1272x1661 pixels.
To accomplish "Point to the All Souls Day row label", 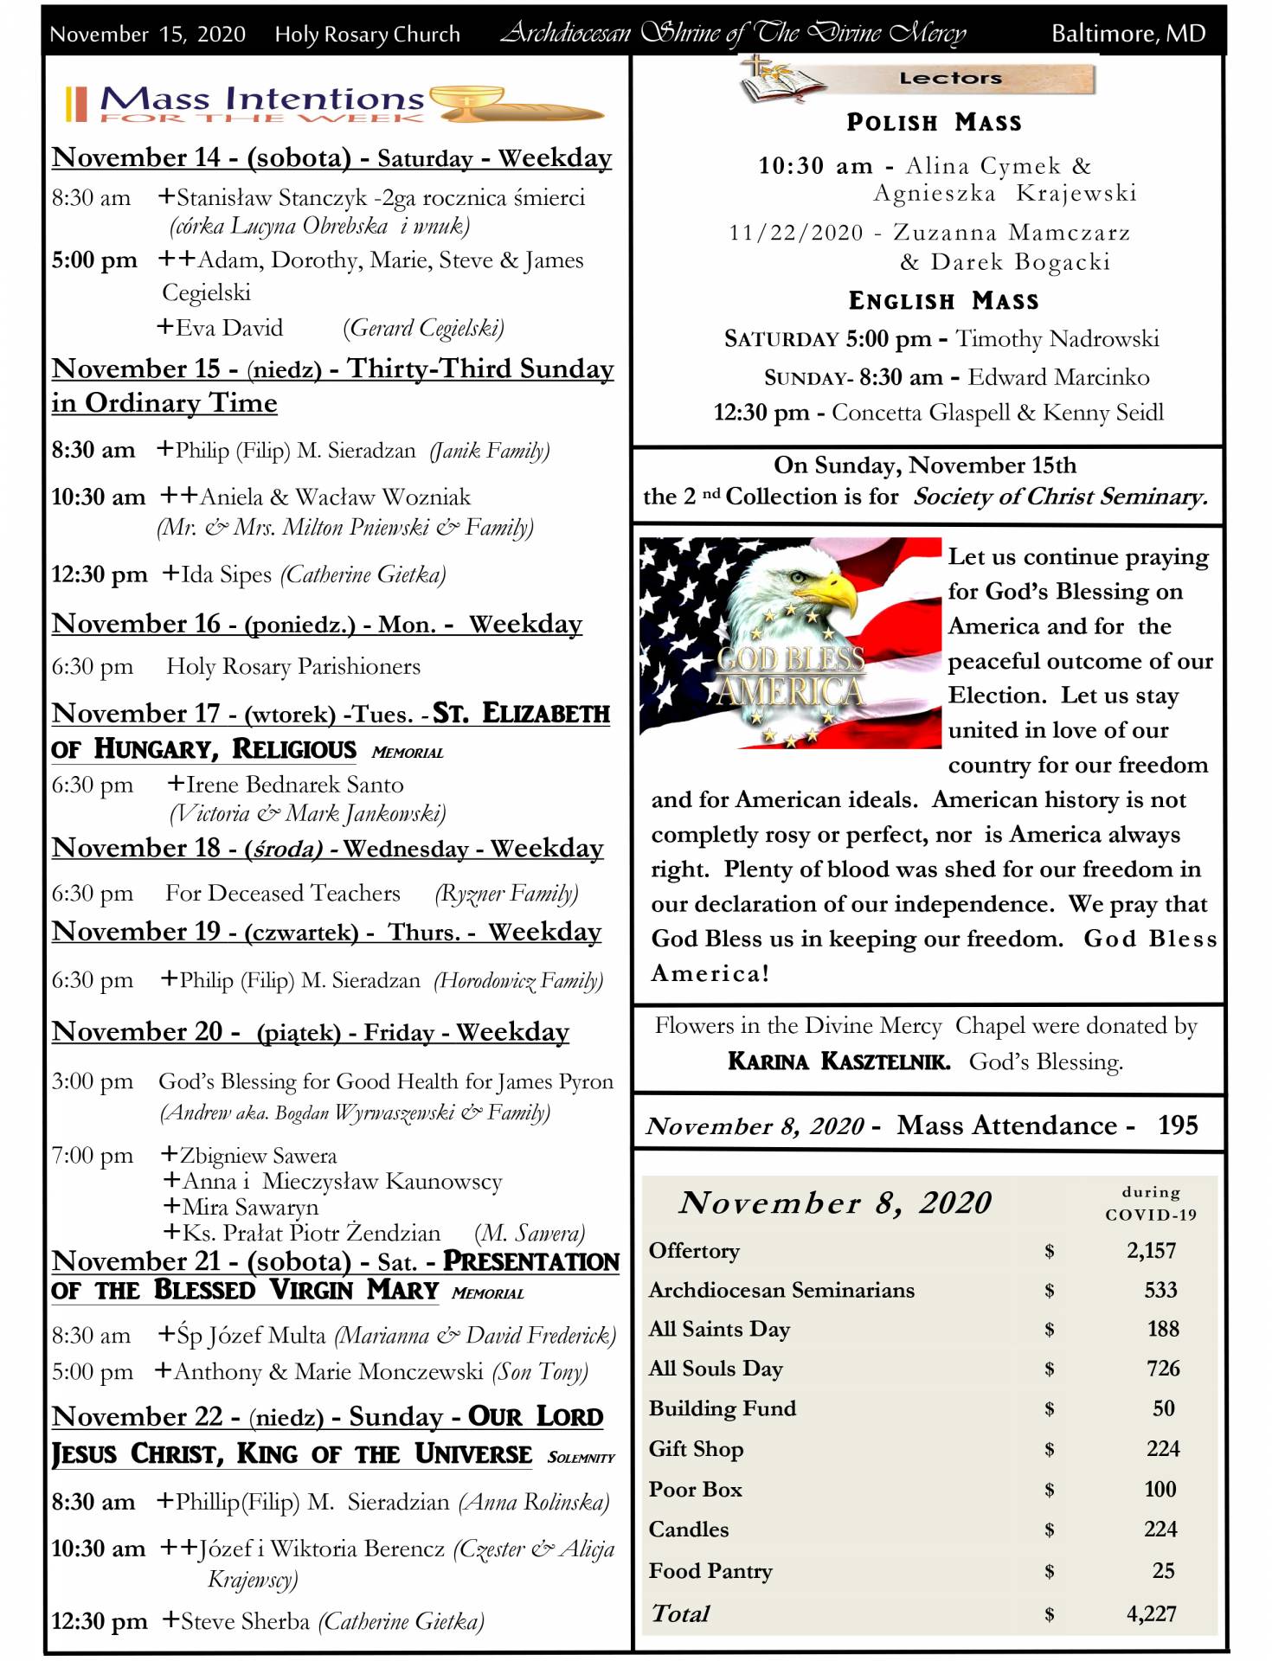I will [716, 1369].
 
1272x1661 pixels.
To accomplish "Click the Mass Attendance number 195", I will [1178, 1126].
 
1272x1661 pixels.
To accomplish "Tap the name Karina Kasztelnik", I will [838, 1061].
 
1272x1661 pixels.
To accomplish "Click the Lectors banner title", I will [950, 79].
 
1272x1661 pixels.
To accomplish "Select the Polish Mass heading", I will [934, 123].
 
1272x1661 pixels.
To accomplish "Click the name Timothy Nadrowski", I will [1057, 339].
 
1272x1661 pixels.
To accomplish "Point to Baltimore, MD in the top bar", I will [1127, 34].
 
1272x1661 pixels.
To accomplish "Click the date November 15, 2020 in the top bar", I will [147, 35].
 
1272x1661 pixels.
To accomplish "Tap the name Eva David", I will [229, 328].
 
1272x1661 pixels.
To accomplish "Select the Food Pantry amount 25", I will [1163, 1570].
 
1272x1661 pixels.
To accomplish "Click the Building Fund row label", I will [722, 1408].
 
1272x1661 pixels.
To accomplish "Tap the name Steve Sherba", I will [245, 1621].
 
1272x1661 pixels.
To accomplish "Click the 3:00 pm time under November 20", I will [92, 1081].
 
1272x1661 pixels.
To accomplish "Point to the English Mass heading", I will [943, 301].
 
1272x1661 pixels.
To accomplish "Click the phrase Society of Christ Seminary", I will [1059, 497].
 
